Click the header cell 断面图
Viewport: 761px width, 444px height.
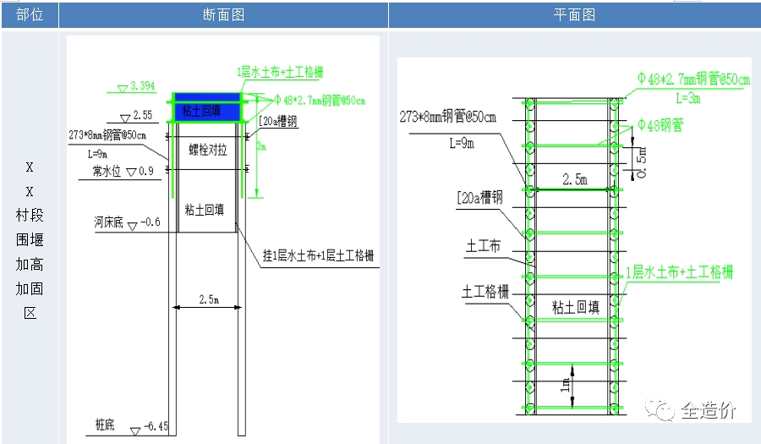pyautogui.click(x=223, y=14)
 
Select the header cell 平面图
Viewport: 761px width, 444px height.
pyautogui.click(x=574, y=14)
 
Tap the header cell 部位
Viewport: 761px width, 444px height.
pyautogui.click(x=30, y=14)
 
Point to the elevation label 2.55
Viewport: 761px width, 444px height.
pyautogui.click(x=141, y=116)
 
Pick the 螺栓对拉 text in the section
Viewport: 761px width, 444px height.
pyautogui.click(x=206, y=151)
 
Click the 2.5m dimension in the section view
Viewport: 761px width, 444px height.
pyautogui.click(x=208, y=299)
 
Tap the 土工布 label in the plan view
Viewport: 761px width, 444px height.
pyautogui.click(x=483, y=246)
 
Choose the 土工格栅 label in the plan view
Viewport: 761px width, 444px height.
pyautogui.click(x=485, y=291)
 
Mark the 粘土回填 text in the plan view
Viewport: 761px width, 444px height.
pyautogui.click(x=575, y=306)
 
